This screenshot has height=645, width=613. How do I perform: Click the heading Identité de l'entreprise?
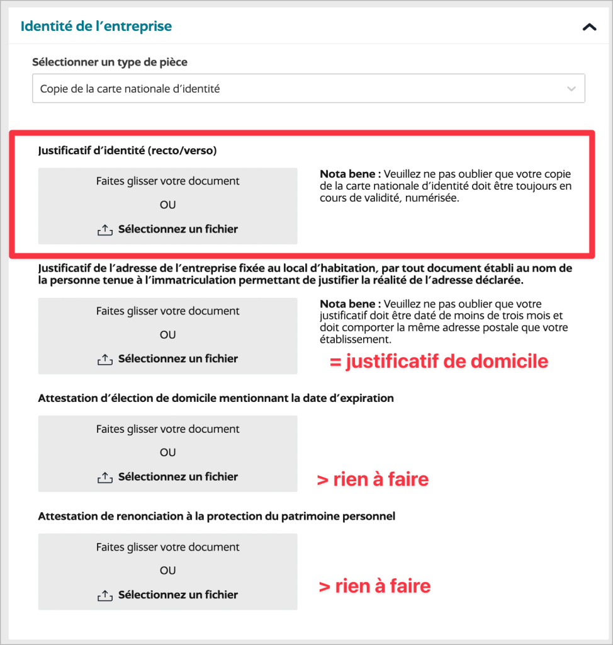[96, 26]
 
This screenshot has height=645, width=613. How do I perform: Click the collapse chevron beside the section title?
[589, 27]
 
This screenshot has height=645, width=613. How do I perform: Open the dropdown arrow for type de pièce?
[571, 89]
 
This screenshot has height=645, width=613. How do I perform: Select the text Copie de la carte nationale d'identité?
[130, 89]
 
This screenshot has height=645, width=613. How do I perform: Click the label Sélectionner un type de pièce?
[110, 62]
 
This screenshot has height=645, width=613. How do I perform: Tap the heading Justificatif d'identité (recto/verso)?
[127, 151]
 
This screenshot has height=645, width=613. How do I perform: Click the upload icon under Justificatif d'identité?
[104, 230]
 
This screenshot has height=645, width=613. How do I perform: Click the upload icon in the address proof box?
[104, 360]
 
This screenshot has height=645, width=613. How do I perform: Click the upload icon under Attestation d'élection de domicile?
[104, 477]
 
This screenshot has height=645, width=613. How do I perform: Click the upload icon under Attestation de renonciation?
[104, 595]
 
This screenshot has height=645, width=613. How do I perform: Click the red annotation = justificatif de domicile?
[439, 362]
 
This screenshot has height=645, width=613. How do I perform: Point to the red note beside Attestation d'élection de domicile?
[373, 479]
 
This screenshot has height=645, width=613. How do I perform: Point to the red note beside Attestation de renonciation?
[374, 586]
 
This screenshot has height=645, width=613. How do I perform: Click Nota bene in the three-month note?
[350, 304]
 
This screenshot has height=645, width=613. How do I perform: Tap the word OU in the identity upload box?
[167, 205]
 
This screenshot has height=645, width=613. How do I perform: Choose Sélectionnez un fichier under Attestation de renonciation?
[177, 595]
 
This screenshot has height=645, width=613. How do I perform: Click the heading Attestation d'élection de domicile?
[216, 398]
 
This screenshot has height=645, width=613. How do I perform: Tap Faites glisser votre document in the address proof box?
[167, 311]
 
